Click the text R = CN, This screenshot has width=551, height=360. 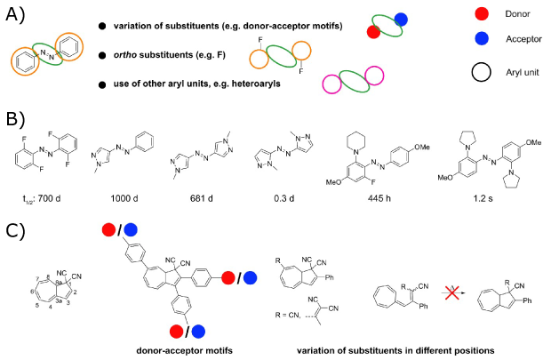[291, 315]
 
